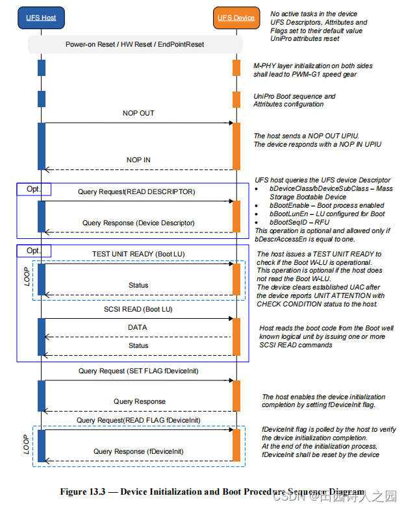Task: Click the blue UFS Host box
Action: (x=41, y=18)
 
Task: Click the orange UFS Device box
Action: (x=235, y=18)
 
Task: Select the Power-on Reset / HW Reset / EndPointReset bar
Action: (x=135, y=44)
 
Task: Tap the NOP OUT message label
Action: (x=138, y=114)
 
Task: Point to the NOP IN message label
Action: (x=138, y=160)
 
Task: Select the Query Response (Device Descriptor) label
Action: (x=138, y=223)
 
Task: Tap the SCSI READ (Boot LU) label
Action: (x=138, y=309)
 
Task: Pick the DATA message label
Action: (x=137, y=328)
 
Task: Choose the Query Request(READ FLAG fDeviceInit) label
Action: (x=138, y=420)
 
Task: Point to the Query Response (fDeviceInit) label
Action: (x=138, y=451)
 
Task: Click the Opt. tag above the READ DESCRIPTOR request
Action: (x=33, y=189)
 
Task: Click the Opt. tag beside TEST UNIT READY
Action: (x=33, y=251)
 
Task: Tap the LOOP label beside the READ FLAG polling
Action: (x=27, y=443)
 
